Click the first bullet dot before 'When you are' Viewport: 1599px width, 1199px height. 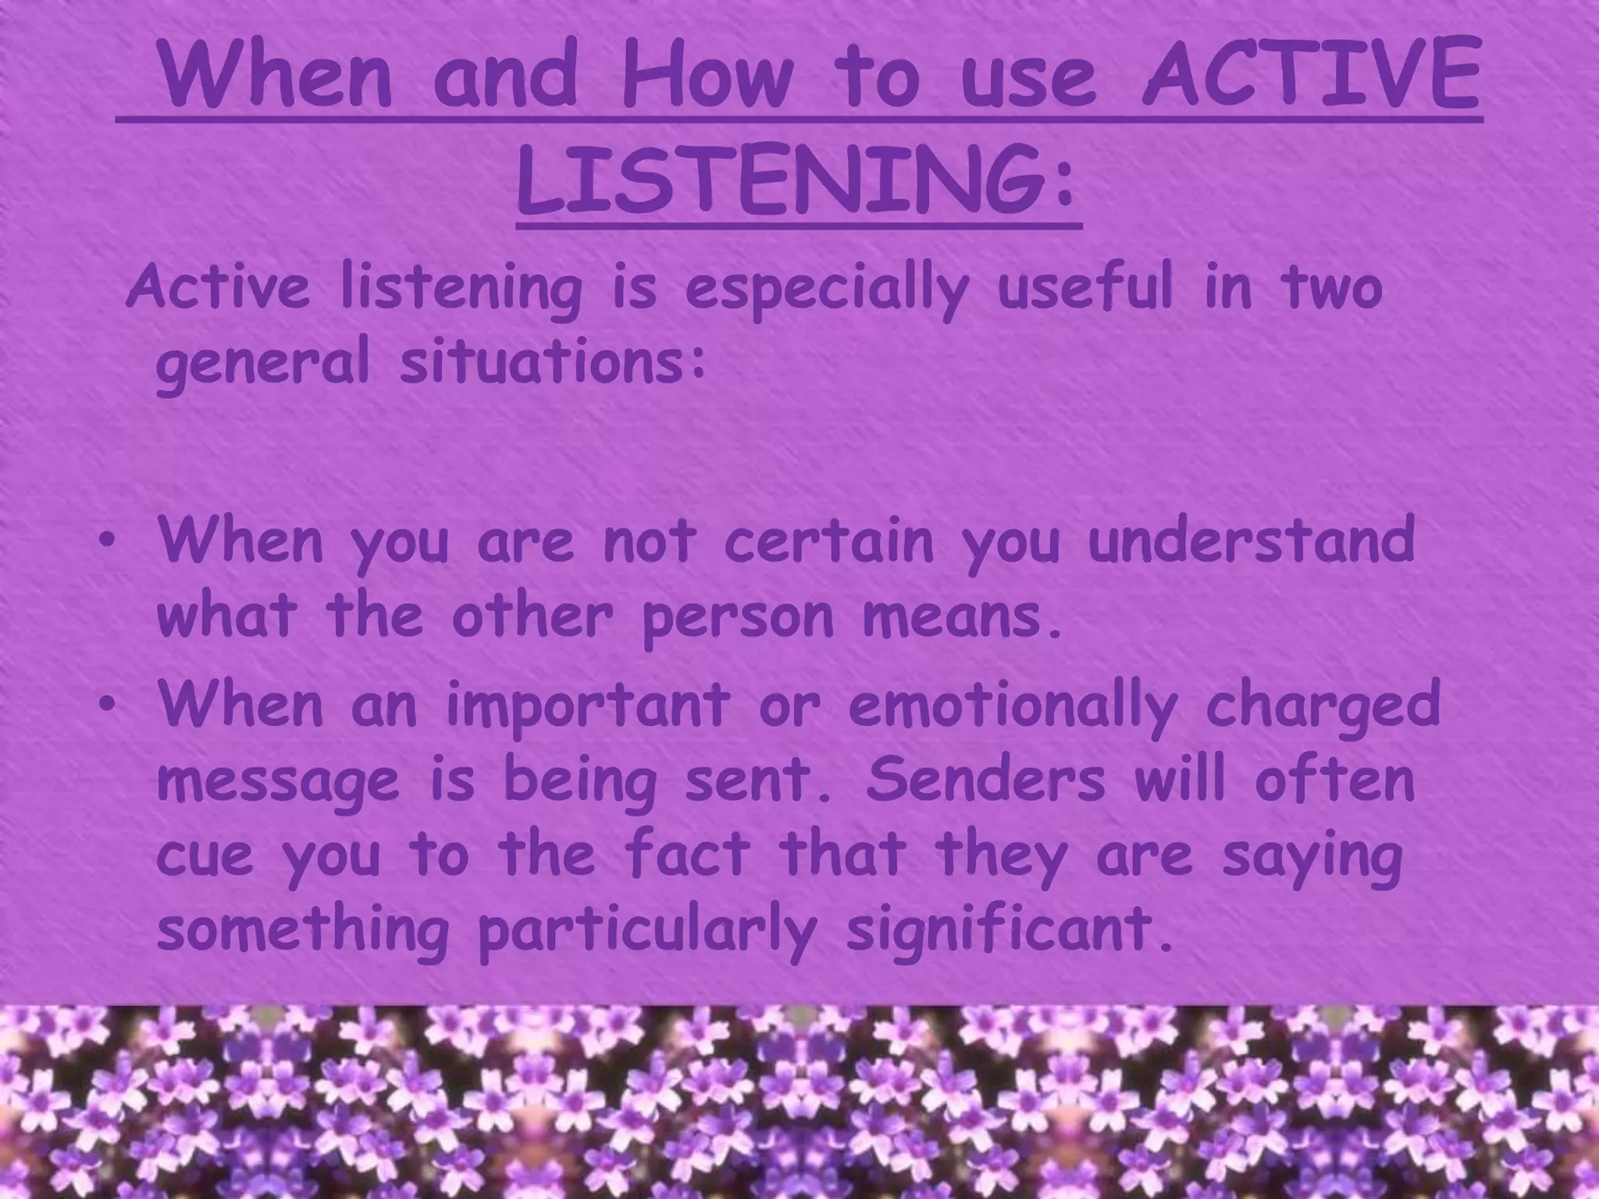pos(112,539)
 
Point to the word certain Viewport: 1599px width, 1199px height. pos(828,539)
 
